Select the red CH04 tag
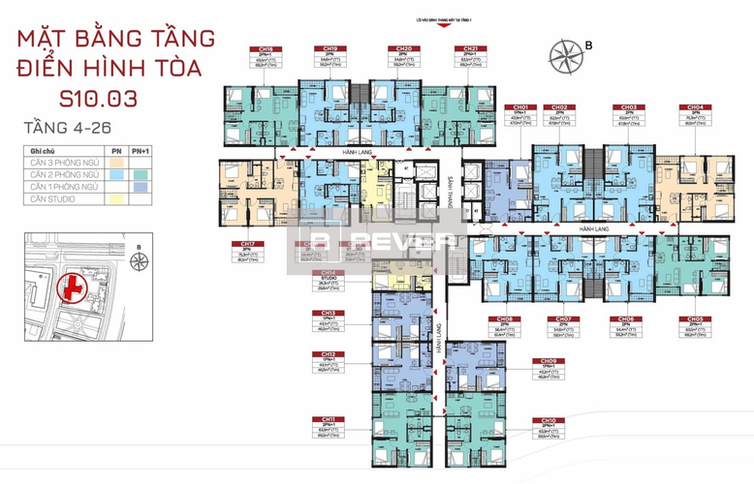coord(695,107)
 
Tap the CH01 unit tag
coord(520,107)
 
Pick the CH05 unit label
coord(695,318)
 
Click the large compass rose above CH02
coord(564,52)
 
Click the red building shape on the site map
coord(69,287)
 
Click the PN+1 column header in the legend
coord(142,151)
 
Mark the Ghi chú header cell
coord(42,151)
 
